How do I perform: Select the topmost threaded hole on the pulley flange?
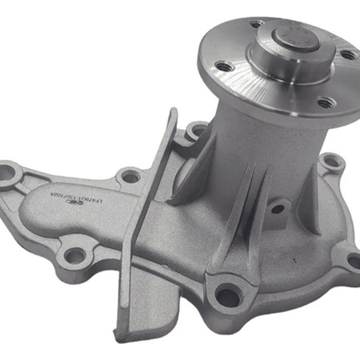(257, 24)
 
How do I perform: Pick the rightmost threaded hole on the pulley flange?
(348, 55)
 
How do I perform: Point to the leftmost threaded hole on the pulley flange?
(224, 66)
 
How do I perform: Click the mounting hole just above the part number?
(131, 176)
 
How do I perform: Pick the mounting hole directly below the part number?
(75, 256)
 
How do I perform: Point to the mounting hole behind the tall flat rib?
(197, 132)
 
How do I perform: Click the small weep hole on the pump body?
(277, 209)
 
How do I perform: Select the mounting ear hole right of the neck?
(331, 163)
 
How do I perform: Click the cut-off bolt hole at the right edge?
(354, 261)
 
